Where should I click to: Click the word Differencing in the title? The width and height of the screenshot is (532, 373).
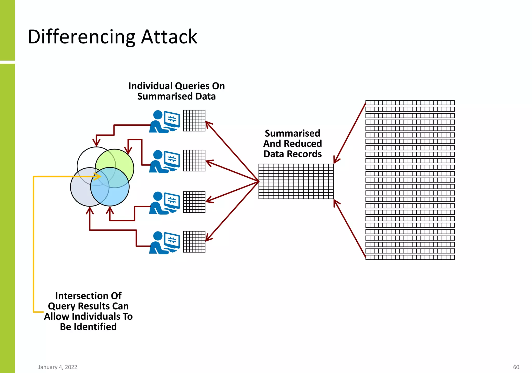click(81, 37)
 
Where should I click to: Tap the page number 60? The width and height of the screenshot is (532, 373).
click(516, 367)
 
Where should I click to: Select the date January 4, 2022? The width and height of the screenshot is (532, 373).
click(58, 367)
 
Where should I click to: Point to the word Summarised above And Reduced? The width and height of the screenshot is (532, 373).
click(292, 133)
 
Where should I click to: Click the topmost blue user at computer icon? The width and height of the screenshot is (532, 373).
click(164, 122)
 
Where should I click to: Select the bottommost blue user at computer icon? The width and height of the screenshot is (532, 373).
click(164, 243)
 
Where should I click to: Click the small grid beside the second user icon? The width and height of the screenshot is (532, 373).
click(194, 160)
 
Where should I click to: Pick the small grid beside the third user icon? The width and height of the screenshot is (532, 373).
click(194, 202)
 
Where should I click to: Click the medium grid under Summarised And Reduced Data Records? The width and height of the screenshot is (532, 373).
click(296, 181)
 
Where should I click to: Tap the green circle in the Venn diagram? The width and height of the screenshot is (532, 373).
click(122, 159)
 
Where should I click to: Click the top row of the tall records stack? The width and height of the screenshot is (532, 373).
click(410, 103)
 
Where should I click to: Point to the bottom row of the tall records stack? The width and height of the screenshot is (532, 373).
click(410, 257)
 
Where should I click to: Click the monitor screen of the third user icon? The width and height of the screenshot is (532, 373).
click(172, 200)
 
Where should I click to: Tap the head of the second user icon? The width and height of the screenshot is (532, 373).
click(158, 155)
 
